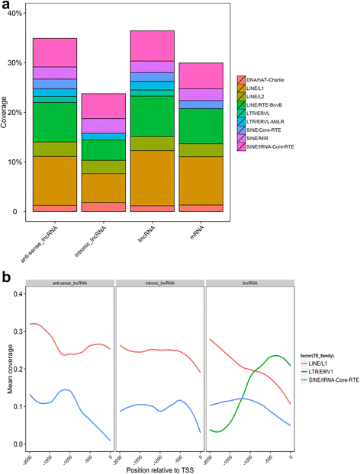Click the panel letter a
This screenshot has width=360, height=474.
[6, 6]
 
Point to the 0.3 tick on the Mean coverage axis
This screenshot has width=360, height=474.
[21, 328]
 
